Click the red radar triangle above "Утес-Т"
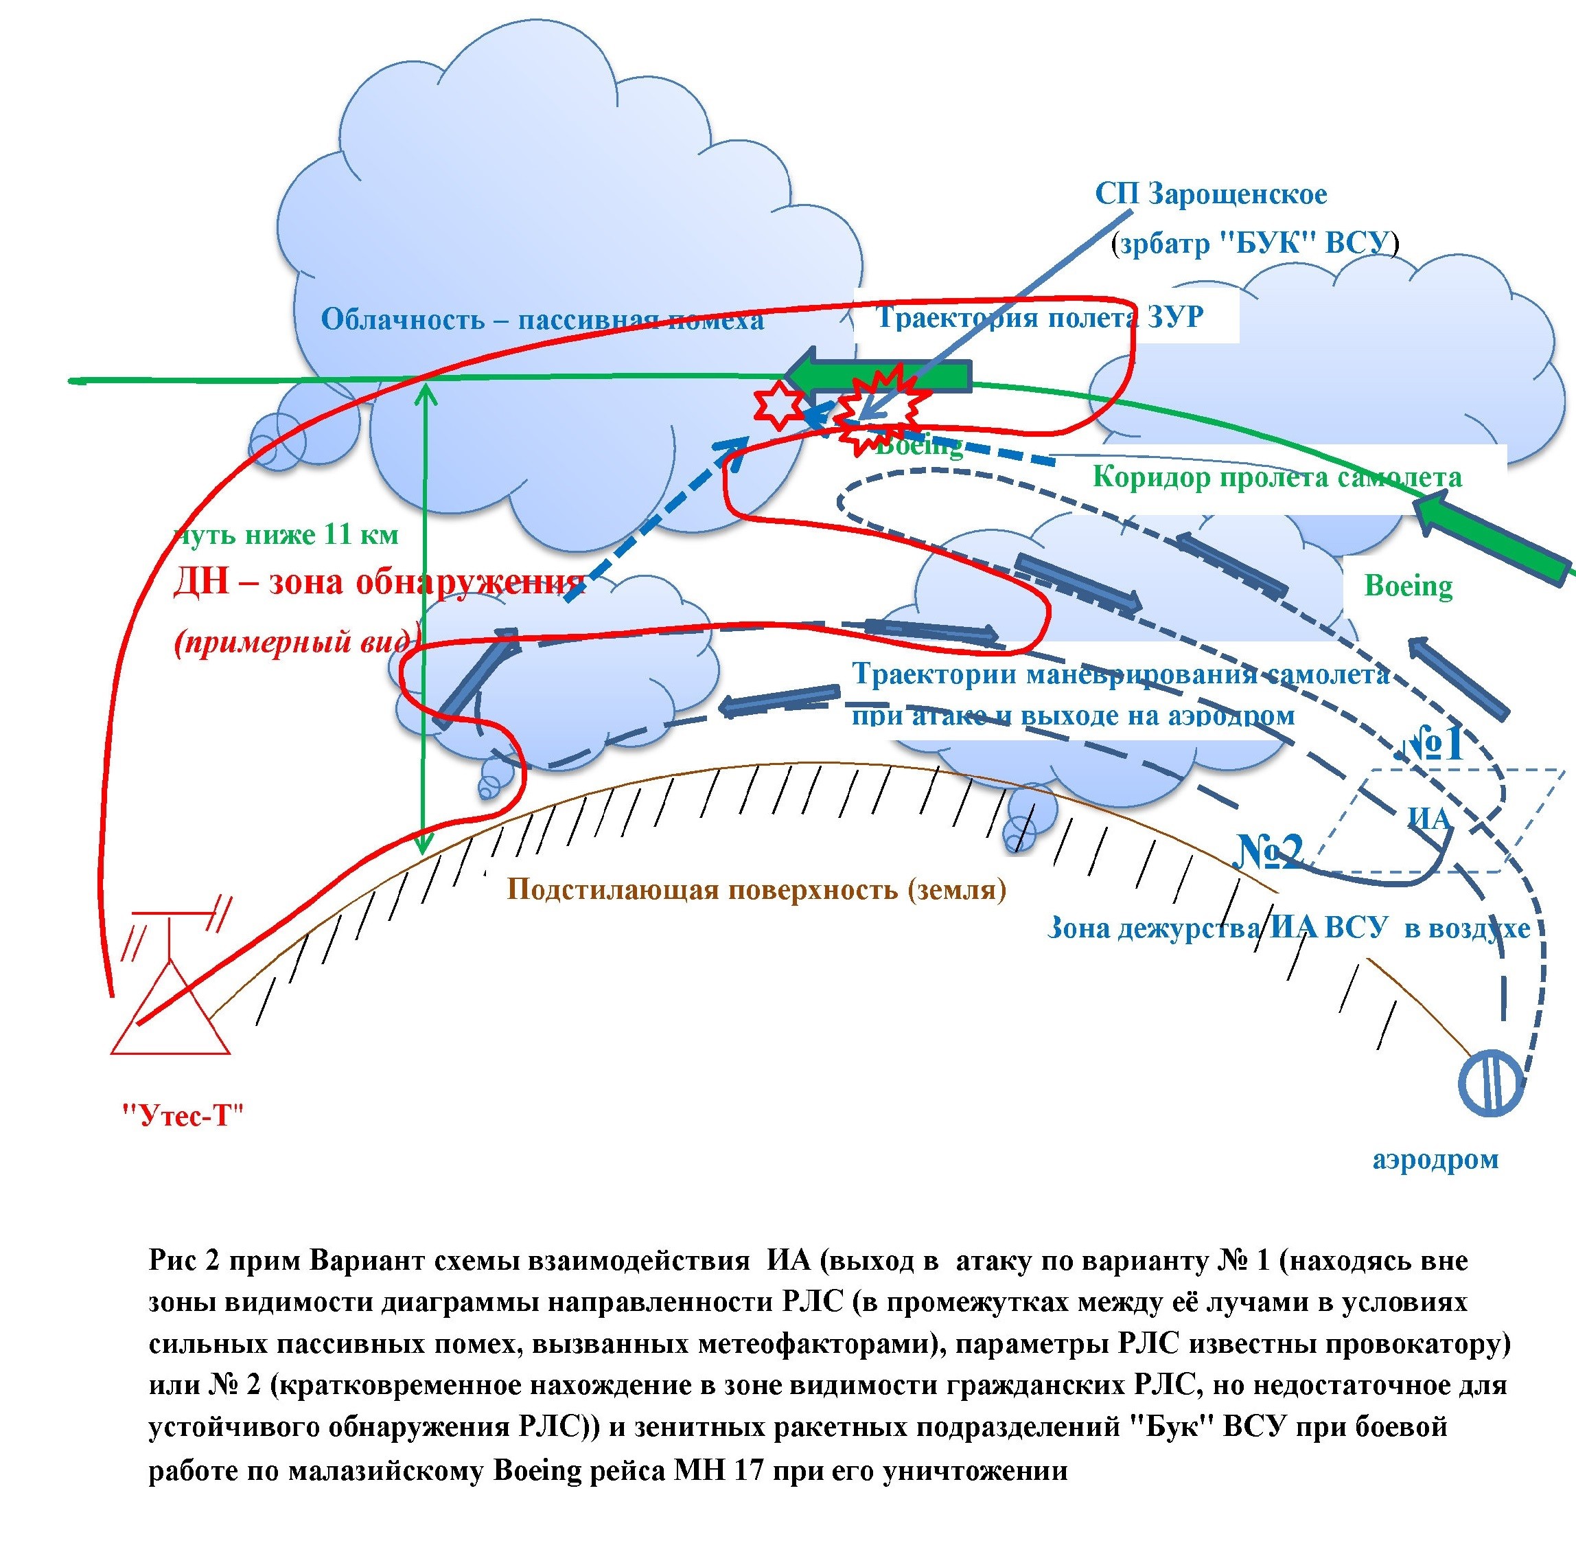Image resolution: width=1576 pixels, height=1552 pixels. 170,1012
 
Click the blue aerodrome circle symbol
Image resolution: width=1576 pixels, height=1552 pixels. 1490,1082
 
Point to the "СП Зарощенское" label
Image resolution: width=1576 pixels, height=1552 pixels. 1211,194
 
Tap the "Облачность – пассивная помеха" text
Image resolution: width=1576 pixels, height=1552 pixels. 542,319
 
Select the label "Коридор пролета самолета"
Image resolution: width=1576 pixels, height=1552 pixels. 1277,476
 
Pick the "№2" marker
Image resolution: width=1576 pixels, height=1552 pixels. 1270,851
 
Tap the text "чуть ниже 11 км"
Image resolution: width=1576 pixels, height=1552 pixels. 287,535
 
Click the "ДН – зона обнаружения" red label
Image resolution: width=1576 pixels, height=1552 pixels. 378,582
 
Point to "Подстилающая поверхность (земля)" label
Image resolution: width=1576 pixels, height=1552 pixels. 756,889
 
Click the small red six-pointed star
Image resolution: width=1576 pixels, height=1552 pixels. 778,405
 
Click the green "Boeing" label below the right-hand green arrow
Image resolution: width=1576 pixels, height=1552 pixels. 1408,586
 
